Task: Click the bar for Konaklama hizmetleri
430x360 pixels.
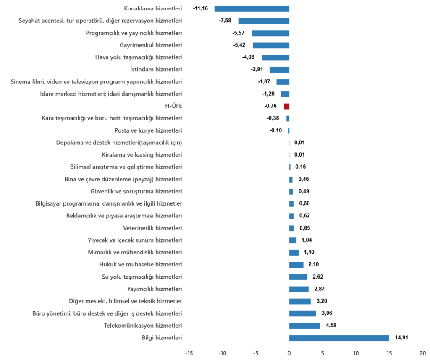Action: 252,9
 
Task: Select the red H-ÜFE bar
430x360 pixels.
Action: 286,106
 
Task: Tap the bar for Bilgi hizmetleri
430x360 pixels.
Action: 339,338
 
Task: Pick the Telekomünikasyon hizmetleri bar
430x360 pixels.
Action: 304,326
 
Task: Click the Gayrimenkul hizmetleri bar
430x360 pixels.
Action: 271,45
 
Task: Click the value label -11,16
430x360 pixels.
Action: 200,9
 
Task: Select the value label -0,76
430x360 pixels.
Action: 270,106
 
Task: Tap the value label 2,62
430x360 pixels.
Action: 317,277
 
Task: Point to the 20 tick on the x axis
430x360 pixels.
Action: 422,353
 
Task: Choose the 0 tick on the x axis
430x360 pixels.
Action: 289,353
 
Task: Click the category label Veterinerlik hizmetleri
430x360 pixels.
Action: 152,228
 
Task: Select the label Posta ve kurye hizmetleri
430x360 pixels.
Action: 148,130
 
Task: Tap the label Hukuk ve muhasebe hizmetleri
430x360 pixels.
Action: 141,265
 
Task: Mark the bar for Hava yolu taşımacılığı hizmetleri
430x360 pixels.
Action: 275,57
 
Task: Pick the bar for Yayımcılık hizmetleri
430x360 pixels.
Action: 299,289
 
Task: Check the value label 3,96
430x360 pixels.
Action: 326,313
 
